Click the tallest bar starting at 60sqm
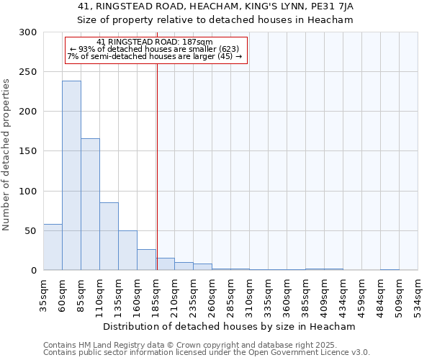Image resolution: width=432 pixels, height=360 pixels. (x=71, y=176)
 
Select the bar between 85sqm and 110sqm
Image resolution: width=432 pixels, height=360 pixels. (x=90, y=204)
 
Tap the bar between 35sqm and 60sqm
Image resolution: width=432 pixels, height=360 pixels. (x=53, y=247)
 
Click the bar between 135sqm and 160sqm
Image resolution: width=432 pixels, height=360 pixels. (x=127, y=251)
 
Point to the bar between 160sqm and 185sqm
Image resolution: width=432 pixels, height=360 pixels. (x=146, y=260)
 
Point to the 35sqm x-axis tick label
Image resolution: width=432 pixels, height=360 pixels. (x=44, y=292)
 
